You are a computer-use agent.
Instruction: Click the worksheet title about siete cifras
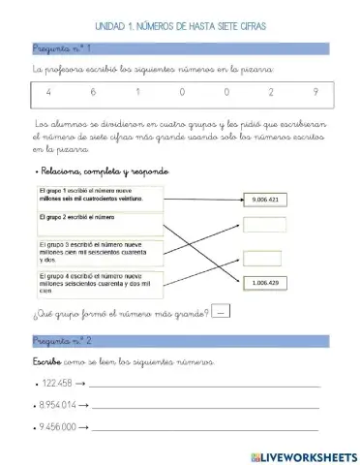click(x=181, y=27)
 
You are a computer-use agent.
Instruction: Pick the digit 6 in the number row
click(x=94, y=93)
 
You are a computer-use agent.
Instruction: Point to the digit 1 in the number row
click(x=138, y=93)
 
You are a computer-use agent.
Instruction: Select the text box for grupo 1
click(x=99, y=196)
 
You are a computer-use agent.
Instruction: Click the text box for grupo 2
click(x=99, y=225)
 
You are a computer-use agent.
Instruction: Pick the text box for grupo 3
click(x=99, y=255)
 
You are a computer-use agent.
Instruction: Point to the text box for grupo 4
click(x=99, y=285)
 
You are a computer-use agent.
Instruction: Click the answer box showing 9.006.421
click(x=264, y=200)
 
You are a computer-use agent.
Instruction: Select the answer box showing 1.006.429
click(x=264, y=283)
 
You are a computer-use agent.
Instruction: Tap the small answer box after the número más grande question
click(x=222, y=312)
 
